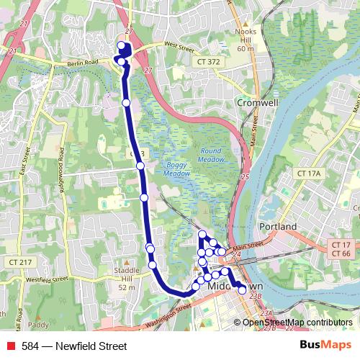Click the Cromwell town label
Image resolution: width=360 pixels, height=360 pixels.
[x=257, y=102]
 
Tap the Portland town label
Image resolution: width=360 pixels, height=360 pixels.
[x=278, y=226]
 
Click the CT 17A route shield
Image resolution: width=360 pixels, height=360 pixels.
[x=307, y=174]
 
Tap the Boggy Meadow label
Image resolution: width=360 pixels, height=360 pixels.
[x=176, y=168]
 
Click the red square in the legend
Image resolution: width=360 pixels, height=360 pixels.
[x=11, y=346]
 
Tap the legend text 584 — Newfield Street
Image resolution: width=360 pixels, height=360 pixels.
[x=64, y=346]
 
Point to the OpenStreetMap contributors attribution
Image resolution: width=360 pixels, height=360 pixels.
[x=297, y=323]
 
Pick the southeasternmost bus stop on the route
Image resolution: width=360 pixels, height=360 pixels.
[x=242, y=290]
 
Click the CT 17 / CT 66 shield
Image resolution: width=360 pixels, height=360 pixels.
[x=341, y=249]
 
